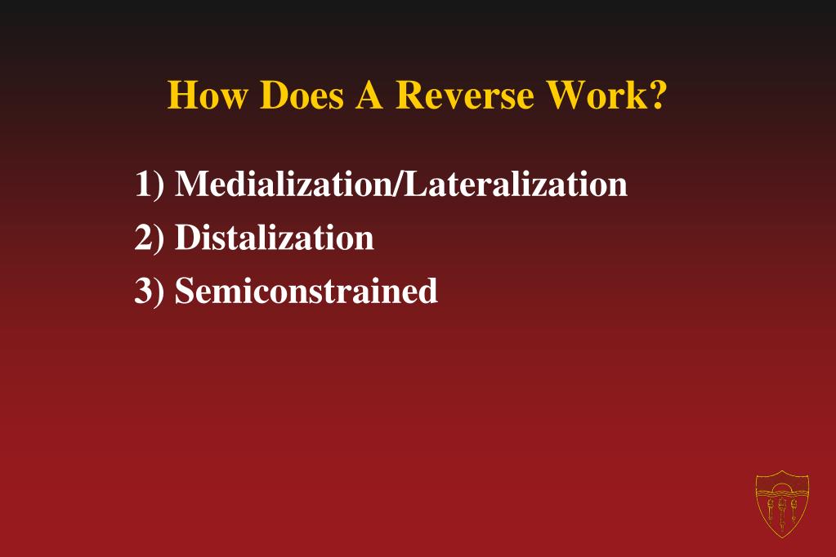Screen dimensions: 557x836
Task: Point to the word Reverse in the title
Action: (x=465, y=96)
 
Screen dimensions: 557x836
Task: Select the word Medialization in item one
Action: (x=283, y=184)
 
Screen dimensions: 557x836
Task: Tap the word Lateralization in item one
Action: (x=514, y=184)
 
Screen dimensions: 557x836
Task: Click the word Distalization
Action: (x=275, y=238)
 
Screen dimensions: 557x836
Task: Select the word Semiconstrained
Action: (x=306, y=291)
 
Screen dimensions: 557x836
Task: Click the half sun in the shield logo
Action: (x=782, y=488)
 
